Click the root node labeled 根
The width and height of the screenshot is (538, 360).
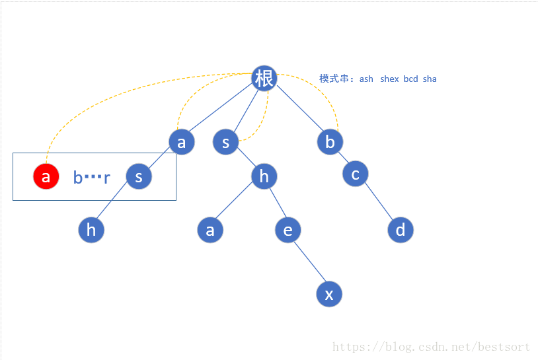click(264, 79)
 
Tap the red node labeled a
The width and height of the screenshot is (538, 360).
click(46, 177)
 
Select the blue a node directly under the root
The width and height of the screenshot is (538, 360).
click(182, 142)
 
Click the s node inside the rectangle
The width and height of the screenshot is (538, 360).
click(139, 177)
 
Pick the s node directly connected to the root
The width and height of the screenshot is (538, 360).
click(225, 142)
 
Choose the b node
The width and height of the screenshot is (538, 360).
click(330, 142)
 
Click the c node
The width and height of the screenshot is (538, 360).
click(356, 174)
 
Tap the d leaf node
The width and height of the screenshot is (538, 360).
click(400, 231)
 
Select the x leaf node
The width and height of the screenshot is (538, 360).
click(329, 294)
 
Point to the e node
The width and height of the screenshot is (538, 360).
click(288, 231)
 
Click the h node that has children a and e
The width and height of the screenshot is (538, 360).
click(264, 176)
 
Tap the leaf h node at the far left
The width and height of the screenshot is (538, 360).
click(91, 231)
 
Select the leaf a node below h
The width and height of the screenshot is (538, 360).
click(210, 231)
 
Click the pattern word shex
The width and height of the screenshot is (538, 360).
click(389, 79)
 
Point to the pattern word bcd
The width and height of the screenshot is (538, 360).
click(410, 79)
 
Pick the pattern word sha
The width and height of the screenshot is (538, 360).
click(430, 79)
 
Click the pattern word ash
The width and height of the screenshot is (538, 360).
click(366, 79)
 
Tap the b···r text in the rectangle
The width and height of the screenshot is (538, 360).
click(91, 178)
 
